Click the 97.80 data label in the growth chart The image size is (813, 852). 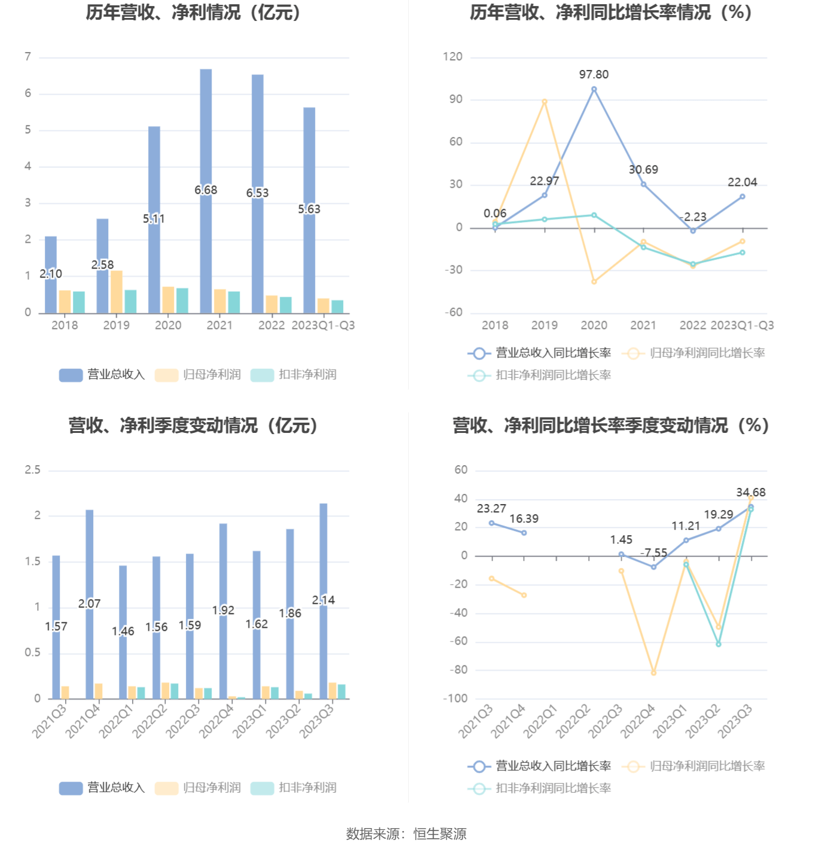(594, 75)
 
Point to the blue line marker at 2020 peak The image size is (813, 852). (594, 90)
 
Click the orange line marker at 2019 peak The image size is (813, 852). (545, 102)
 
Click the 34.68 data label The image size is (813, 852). (750, 493)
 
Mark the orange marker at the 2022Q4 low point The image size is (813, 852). (653, 673)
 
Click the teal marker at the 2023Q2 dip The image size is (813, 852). (719, 645)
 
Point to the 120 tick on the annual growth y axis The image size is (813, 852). (453, 57)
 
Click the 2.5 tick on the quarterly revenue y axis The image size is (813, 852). (33, 470)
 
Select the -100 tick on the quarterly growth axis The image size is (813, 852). (456, 698)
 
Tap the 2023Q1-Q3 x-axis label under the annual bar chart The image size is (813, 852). (323, 325)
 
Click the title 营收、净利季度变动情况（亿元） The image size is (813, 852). (193, 426)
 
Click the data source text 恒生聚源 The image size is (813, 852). (440, 834)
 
